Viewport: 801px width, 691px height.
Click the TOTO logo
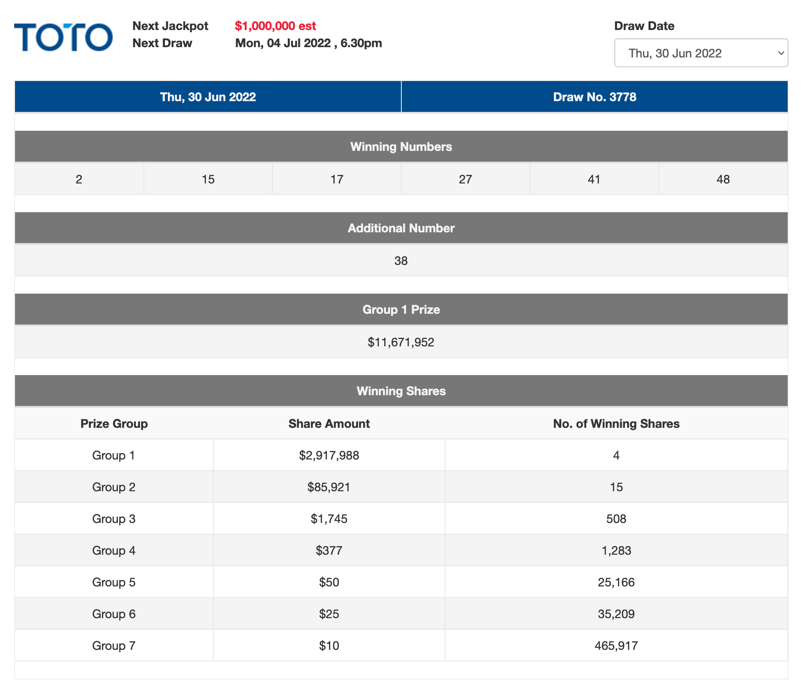click(x=63, y=37)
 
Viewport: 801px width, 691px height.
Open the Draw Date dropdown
click(x=701, y=53)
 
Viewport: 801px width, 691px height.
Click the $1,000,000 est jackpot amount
click(x=275, y=26)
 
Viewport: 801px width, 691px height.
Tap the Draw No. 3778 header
click(x=594, y=97)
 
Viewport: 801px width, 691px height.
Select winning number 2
click(x=79, y=179)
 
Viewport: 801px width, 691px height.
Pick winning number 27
click(x=465, y=179)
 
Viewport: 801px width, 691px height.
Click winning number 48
click(x=723, y=179)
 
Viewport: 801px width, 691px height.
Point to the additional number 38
click(x=401, y=261)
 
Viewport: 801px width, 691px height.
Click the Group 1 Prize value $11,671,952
click(x=401, y=342)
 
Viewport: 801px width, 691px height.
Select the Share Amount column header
click(x=329, y=424)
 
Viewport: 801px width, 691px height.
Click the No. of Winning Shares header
click(x=616, y=424)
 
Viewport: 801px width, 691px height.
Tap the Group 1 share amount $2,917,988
click(x=329, y=455)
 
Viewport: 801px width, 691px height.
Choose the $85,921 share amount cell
click(x=329, y=487)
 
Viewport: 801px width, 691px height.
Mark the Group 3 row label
click(x=114, y=519)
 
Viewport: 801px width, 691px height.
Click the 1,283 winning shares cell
click(x=616, y=550)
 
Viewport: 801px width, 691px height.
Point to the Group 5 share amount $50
click(x=329, y=582)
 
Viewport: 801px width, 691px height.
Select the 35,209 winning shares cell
click(x=616, y=614)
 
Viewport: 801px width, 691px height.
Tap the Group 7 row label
click(x=114, y=646)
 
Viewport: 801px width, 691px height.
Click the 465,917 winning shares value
click(x=616, y=646)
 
